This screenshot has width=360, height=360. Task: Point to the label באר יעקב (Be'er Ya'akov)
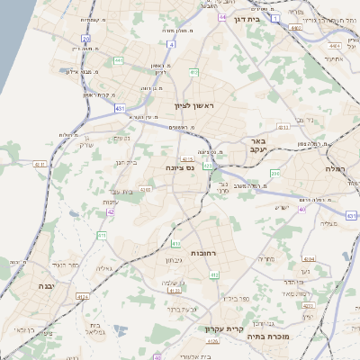259,147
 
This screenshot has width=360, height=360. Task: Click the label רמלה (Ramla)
335,168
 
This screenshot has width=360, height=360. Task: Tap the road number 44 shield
221,17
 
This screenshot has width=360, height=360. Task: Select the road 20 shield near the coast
85,39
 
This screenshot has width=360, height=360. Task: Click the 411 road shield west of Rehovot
102,235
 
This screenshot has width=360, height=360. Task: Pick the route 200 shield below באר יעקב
275,174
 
